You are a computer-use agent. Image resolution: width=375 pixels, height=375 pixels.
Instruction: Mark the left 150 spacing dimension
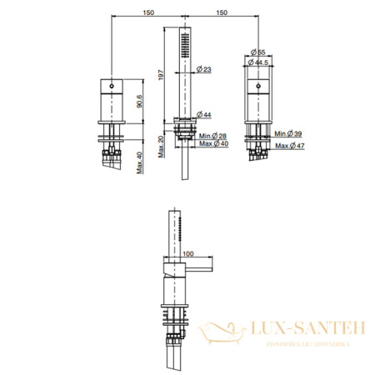148,13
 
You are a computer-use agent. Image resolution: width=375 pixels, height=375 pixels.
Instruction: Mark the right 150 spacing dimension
222,13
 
